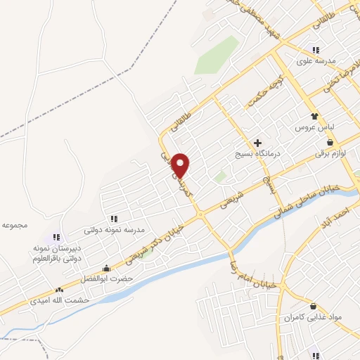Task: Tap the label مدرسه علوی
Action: (313, 61)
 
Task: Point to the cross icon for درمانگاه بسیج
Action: (257, 143)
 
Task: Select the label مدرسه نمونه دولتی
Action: (114, 229)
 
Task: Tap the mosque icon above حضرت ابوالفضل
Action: (106, 268)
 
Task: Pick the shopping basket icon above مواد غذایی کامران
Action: (312, 307)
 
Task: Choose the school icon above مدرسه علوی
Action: (316, 50)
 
